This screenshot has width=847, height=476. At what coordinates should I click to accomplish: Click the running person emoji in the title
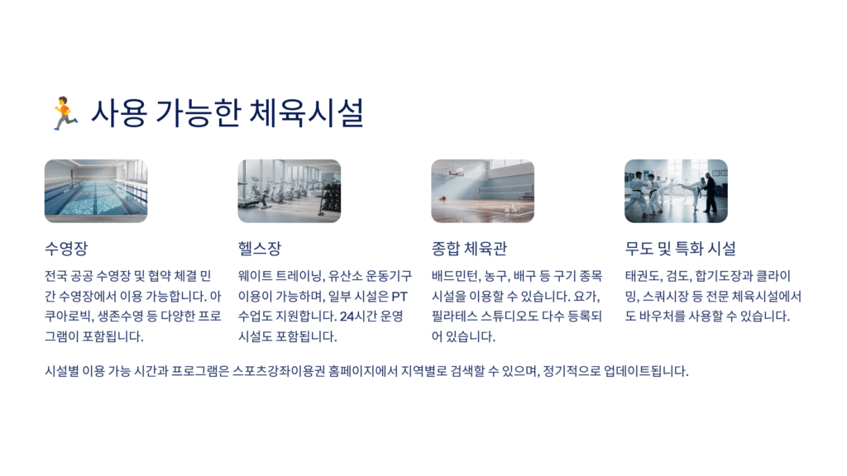65,112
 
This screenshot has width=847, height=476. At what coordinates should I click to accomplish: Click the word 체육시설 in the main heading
306,112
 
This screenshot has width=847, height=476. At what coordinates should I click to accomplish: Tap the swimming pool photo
96,191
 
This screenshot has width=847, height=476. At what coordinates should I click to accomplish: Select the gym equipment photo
289,191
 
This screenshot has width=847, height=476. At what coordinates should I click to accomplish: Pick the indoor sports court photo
482,191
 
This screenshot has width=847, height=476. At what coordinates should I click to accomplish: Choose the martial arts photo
676,191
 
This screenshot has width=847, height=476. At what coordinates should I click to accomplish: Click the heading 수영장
66,248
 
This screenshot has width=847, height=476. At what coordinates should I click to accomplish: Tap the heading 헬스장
260,248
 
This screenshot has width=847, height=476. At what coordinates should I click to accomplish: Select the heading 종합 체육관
469,248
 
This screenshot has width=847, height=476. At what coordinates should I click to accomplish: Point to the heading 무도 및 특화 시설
681,248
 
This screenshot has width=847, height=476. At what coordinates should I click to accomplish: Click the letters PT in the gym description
400,297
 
